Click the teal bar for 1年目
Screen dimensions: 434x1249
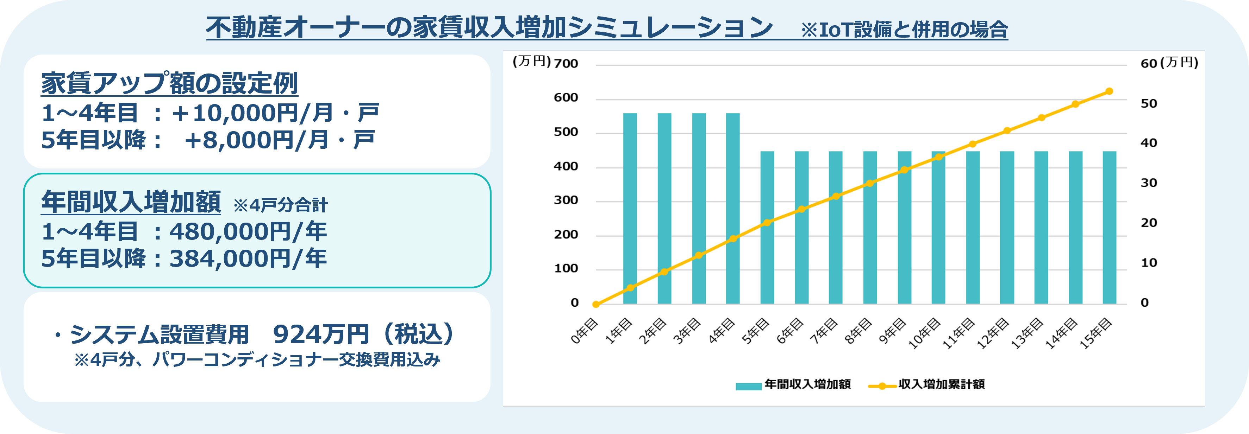tap(630, 208)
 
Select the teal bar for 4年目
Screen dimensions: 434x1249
tap(733, 208)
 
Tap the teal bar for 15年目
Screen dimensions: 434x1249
tap(1109, 228)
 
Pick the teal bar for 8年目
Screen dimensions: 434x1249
tap(870, 228)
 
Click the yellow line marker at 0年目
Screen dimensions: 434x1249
tap(596, 304)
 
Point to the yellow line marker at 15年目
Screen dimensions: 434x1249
tap(1109, 91)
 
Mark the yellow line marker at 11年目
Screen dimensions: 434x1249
tap(973, 144)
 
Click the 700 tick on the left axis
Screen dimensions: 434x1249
tap(566, 63)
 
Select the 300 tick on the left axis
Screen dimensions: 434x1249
tap(566, 200)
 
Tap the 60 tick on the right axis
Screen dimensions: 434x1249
tap(1149, 63)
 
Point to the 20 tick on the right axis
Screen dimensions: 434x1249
tap(1149, 223)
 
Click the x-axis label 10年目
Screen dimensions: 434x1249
tap(924, 334)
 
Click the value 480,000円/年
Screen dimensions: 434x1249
tap(248, 231)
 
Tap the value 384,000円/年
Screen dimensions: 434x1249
tap(248, 259)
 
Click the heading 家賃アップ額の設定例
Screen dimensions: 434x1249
tap(169, 83)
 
